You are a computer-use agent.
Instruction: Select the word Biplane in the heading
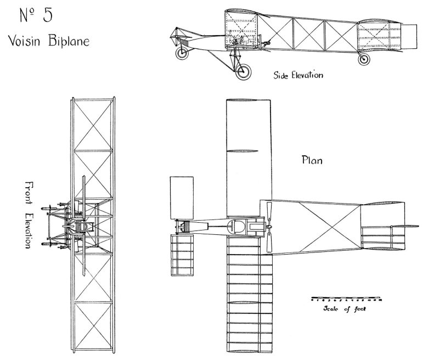(68, 41)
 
